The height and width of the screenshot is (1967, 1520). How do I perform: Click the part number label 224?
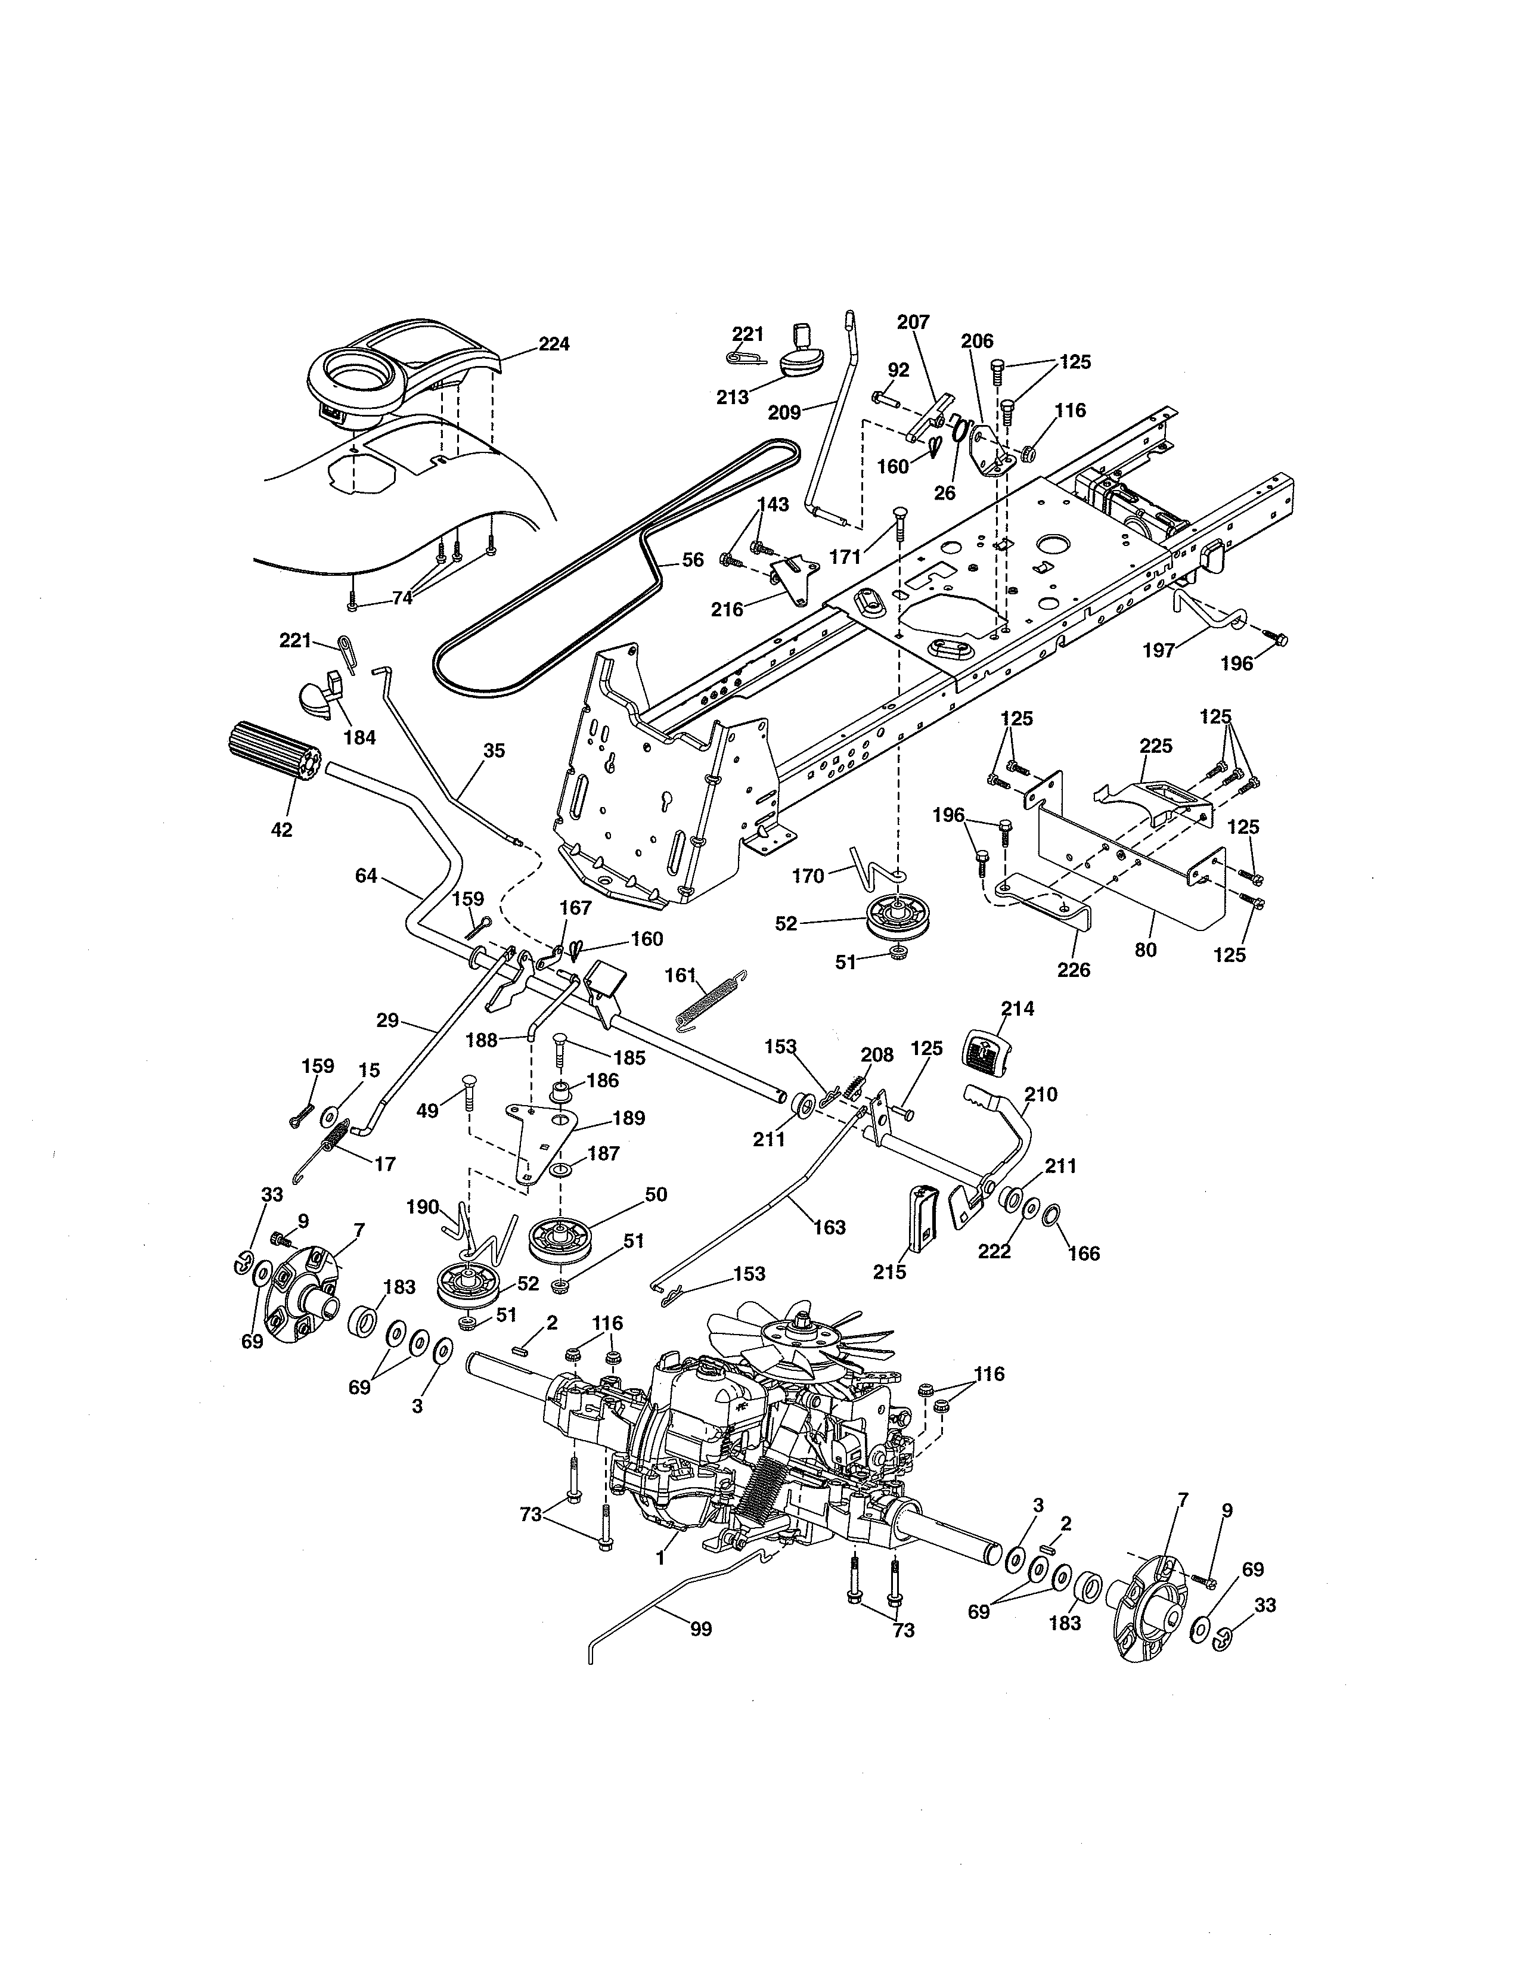click(554, 344)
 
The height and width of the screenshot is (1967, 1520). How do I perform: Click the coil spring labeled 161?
click(711, 998)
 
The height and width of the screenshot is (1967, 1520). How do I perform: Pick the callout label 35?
click(494, 750)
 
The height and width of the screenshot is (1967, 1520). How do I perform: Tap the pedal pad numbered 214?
click(988, 1050)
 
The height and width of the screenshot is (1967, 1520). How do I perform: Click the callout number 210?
click(1041, 1094)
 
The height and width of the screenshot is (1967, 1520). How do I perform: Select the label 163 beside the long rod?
click(829, 1227)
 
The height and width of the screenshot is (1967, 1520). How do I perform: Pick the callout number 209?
click(784, 412)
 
